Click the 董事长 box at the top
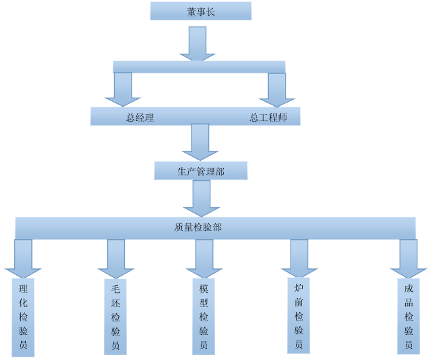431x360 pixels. pyautogui.click(x=201, y=12)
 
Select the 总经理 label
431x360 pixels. pyautogui.click(x=140, y=118)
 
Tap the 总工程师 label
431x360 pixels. pyautogui.click(x=268, y=118)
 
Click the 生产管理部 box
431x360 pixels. pyautogui.click(x=201, y=171)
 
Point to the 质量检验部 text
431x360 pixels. pyautogui.click(x=198, y=227)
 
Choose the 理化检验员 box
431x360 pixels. pyautogui.click(x=23, y=317)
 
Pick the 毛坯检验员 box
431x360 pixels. pyautogui.click(x=115, y=317)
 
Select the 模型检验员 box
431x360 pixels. pyautogui.click(x=204, y=317)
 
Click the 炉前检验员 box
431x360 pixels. pyautogui.click(x=299, y=316)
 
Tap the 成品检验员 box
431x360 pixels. pyautogui.click(x=409, y=317)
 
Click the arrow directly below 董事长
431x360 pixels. pyautogui.click(x=198, y=43)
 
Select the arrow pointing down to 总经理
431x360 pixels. pyautogui.click(x=123, y=89)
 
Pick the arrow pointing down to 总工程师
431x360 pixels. pyautogui.click(x=277, y=90)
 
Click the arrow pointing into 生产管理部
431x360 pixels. pyautogui.click(x=200, y=141)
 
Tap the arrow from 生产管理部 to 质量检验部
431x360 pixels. pyautogui.click(x=202, y=198)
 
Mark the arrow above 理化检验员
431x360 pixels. pyautogui.click(x=23, y=258)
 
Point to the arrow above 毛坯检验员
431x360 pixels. pyautogui.click(x=116, y=258)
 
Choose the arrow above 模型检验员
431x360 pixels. pyautogui.click(x=204, y=258)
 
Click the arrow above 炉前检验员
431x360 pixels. pyautogui.click(x=299, y=258)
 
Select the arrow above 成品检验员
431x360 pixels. pyautogui.click(x=409, y=258)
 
